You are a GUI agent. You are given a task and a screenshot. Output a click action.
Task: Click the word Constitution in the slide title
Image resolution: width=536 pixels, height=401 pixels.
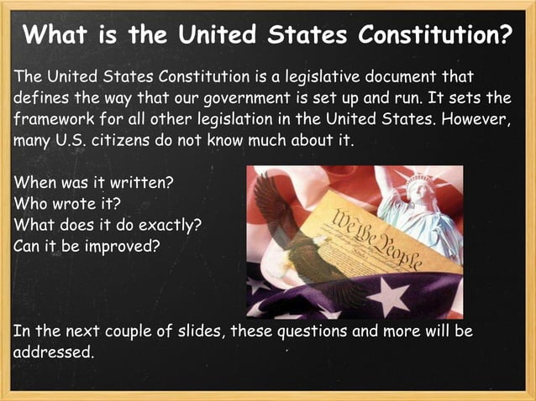[x=434, y=36]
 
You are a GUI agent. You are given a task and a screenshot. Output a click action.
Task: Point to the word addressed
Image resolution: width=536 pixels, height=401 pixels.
[x=52, y=352]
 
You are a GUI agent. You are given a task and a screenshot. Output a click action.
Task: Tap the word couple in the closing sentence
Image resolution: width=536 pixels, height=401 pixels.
[x=139, y=331]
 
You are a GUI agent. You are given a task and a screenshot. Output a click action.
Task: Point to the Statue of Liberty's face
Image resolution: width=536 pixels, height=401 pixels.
[x=418, y=194]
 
